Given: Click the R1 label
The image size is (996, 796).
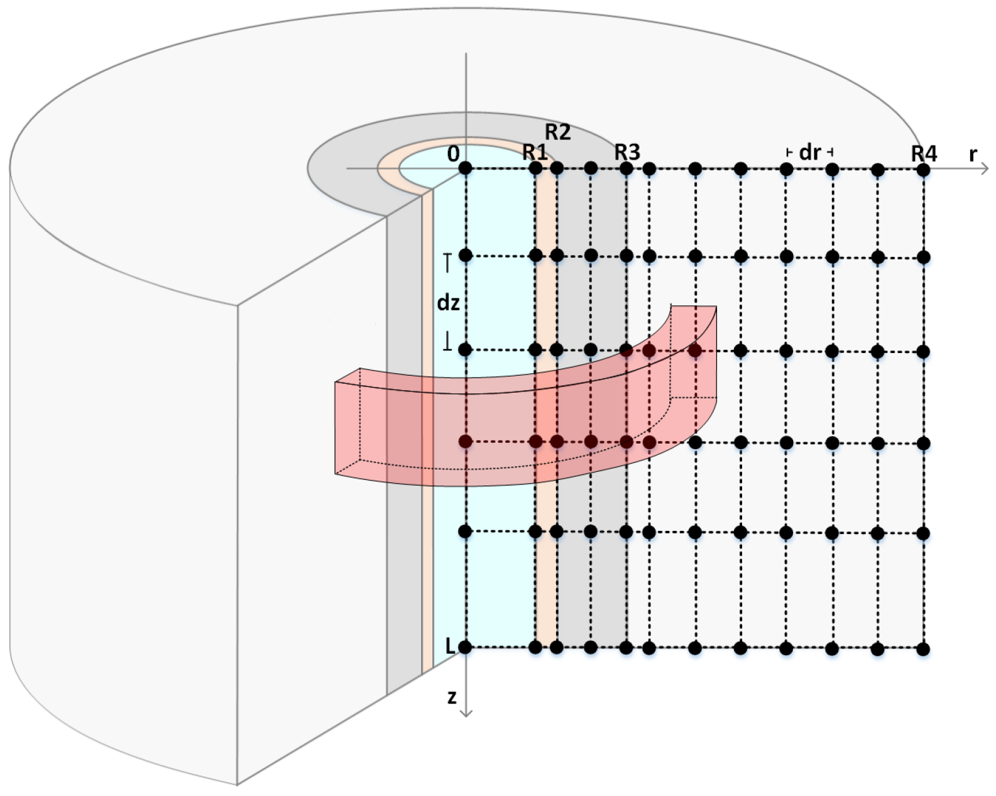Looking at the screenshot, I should coord(535,152).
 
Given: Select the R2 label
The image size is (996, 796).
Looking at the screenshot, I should coord(557,132).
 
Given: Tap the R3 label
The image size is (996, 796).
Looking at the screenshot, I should coord(627,152).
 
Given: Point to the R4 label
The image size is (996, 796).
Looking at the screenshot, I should coord(924,153).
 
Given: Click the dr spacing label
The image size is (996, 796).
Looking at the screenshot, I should coord(809,152).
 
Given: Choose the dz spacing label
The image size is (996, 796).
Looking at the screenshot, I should coord(448,303).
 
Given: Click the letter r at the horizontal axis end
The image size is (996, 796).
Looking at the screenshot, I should coord(973,154).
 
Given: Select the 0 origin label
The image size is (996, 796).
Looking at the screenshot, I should coord(453,154).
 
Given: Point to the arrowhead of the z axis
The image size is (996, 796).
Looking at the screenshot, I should coord(466,712).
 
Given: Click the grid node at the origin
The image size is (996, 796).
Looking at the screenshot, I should coord(465,168).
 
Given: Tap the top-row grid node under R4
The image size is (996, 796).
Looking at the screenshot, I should coord(923,169).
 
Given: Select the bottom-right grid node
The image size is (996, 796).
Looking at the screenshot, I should coord(923,649).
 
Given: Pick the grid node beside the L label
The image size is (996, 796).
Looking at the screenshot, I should coord(465,647).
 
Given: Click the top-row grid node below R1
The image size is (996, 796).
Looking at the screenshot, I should coord(535,168).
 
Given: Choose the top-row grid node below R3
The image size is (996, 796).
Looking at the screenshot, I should coord(627,168).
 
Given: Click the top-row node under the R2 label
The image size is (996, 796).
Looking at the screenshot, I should coord(557,168).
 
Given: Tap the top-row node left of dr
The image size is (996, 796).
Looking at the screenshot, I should coord(786,169).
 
